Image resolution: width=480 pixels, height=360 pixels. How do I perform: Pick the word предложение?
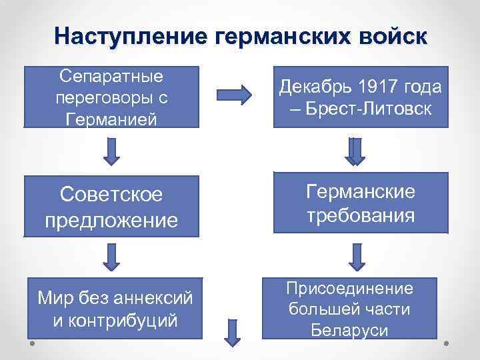coord(111,219)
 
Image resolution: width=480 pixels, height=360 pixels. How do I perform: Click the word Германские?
coord(360,191)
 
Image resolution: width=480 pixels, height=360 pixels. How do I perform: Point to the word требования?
coord(360,216)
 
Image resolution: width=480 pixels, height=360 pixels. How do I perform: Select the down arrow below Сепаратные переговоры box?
coord(111,152)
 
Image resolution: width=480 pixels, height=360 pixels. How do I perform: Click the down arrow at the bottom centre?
coord(231,333)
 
